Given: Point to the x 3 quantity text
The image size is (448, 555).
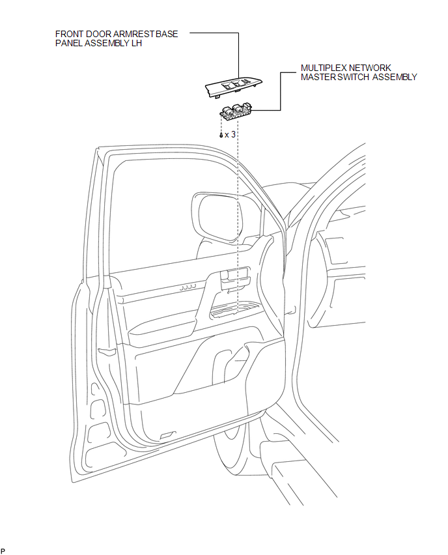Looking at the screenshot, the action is tap(230, 134).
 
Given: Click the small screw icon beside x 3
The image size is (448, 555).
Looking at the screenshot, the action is tap(221, 135).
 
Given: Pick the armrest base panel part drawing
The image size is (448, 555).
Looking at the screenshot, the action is tap(234, 87).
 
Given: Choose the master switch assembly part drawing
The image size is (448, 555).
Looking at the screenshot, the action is tap(235, 112).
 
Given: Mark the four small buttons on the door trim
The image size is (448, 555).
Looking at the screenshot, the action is tap(188, 287).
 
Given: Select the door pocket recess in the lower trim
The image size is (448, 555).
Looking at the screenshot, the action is tap(229, 364).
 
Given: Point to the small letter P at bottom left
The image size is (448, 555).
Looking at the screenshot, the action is tap(3, 550).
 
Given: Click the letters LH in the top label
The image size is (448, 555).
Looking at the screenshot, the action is tap(136, 43).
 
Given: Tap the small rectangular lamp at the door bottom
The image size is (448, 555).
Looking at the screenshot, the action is tap(167, 435).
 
